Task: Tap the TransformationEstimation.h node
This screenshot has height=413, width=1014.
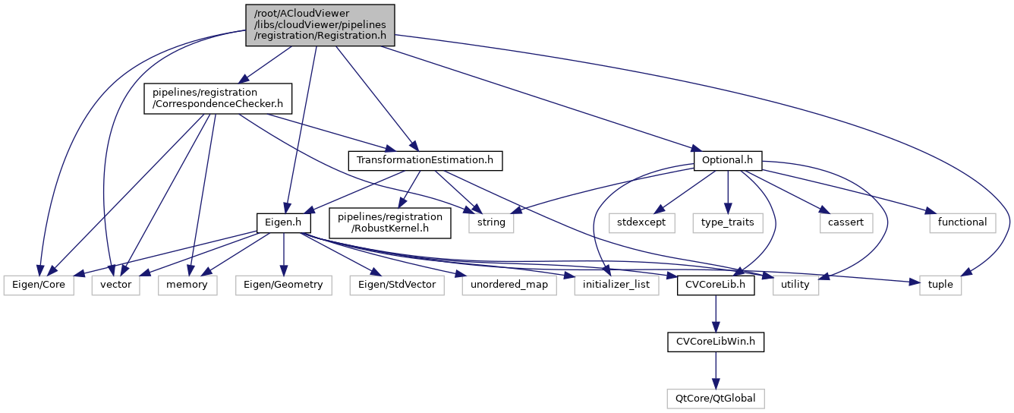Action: point(425,160)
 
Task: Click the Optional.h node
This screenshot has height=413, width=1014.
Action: point(728,160)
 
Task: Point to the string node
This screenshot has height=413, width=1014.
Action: point(491,222)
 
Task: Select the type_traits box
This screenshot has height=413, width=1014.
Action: point(727,222)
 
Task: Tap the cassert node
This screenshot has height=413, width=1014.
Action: point(846,222)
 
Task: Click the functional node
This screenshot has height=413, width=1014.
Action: point(961,222)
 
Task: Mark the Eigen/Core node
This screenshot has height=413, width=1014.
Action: point(38,284)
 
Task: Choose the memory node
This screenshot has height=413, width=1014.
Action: point(187,284)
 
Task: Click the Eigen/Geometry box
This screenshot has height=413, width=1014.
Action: point(282,284)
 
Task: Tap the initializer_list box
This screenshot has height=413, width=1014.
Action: point(616,284)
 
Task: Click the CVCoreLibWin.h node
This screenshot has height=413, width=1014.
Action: point(715,342)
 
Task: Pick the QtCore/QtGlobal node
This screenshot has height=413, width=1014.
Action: point(715,397)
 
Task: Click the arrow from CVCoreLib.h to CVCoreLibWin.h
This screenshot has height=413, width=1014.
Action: point(715,313)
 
